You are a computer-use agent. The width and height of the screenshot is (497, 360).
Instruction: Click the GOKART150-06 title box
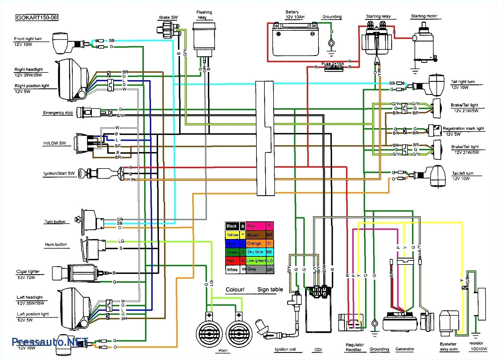[36, 18]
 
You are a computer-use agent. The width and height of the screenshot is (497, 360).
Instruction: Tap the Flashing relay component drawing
[204, 39]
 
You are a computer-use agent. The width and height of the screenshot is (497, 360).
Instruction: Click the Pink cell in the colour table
[256, 226]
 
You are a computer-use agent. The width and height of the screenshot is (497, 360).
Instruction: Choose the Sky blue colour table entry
[256, 252]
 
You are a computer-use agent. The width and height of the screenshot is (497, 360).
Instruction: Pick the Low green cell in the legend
[256, 261]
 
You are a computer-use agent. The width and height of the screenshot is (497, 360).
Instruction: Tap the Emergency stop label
[58, 113]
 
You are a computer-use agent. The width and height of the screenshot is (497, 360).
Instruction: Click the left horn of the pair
[209, 331]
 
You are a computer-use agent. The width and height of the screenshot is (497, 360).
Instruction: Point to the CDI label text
[318, 350]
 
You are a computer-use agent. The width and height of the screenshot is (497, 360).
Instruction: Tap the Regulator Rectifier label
[354, 347]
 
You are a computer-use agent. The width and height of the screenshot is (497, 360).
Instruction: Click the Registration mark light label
[463, 128]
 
